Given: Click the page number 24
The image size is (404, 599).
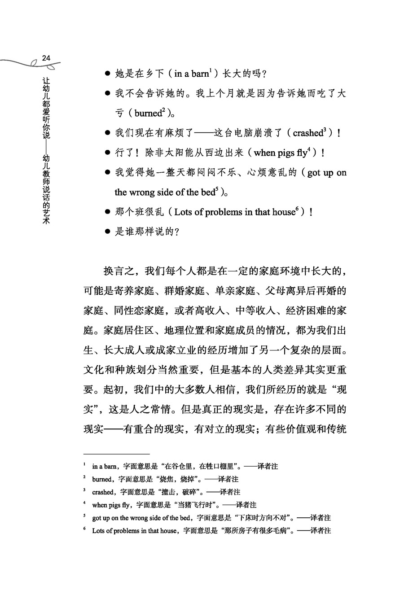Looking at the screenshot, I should click(x=46, y=58).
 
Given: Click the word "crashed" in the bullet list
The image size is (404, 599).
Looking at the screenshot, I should click(x=307, y=133).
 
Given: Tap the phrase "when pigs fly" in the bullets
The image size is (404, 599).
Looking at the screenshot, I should click(x=281, y=153).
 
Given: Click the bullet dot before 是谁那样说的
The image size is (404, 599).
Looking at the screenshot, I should click(x=107, y=232).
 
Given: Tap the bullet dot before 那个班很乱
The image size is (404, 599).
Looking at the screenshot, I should click(x=107, y=212).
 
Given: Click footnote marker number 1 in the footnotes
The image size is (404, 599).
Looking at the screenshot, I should click(x=84, y=465).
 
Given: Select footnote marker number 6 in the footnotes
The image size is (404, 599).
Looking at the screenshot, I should click(x=84, y=529).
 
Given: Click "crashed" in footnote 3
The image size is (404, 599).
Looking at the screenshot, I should click(x=103, y=492).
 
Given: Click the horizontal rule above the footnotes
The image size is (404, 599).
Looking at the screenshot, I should click(x=116, y=454).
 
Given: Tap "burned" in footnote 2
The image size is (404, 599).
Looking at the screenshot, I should click(x=101, y=479).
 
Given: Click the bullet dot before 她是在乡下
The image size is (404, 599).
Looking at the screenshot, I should click(x=107, y=74).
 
